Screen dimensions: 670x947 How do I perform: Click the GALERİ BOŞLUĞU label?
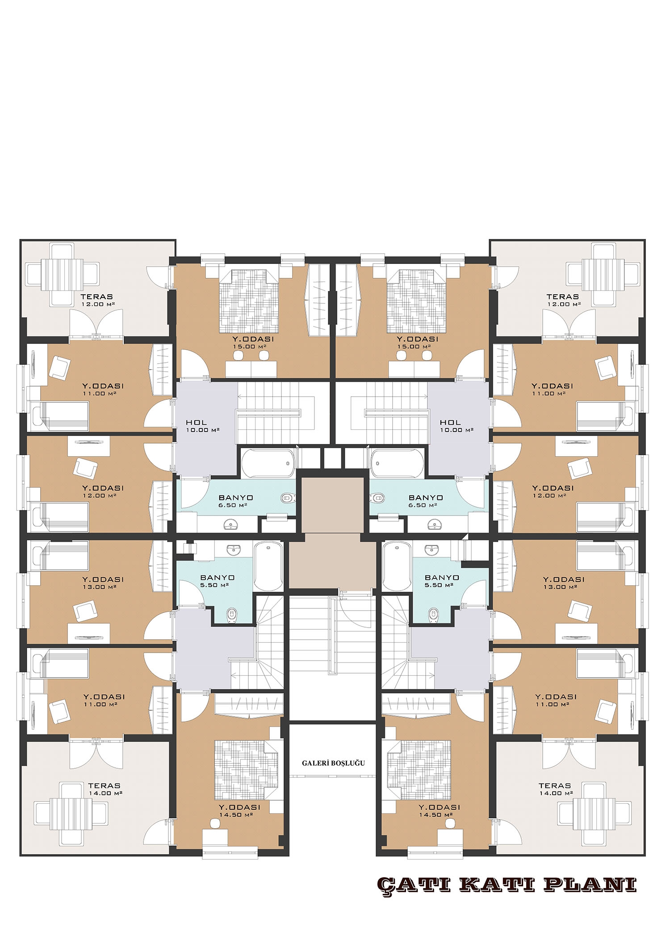pos(333,763)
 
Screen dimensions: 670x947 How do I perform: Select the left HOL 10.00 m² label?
pos(203,426)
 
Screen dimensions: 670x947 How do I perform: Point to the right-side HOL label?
pos(450,422)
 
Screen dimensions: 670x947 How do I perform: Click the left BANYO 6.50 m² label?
pos(236,501)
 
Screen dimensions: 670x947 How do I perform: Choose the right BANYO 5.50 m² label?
pos(442,581)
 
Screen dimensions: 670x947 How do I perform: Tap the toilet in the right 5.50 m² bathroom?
pos(433,615)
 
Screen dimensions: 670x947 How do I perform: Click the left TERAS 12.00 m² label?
pos(96,300)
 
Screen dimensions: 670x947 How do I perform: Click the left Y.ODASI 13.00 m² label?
pos(103,583)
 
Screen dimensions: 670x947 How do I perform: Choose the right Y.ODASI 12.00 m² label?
pos(552,492)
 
